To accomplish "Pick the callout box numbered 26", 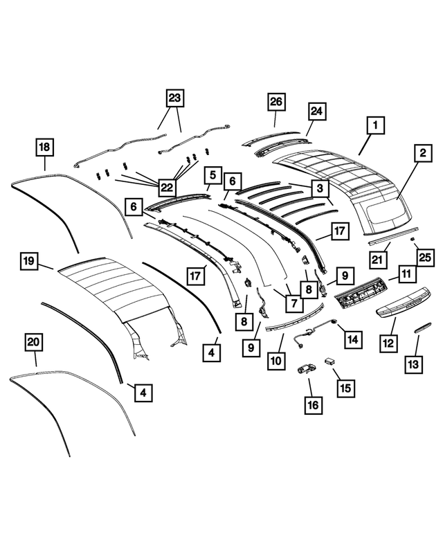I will [276, 102].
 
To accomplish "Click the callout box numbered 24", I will [317, 111].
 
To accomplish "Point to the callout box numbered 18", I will [44, 147].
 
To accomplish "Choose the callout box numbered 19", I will [28, 261].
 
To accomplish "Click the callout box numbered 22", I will [167, 188].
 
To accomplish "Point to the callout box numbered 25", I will [424, 258].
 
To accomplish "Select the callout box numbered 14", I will [353, 339].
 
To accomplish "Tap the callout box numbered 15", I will [343, 388].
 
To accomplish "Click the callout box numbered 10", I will [276, 360].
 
